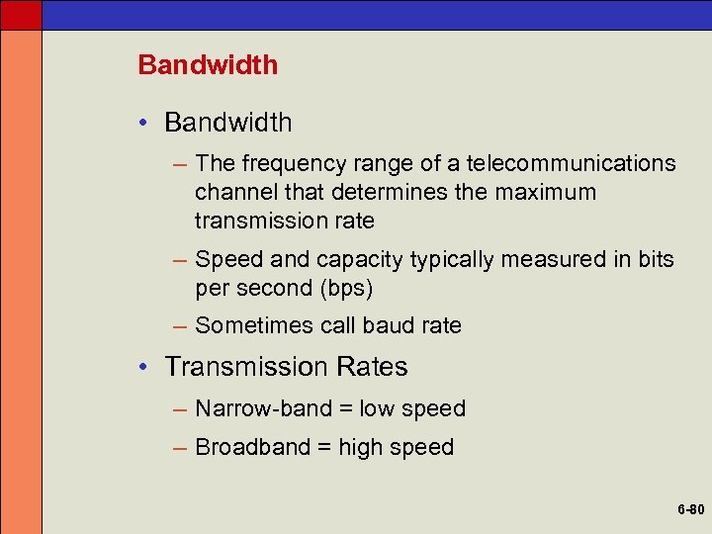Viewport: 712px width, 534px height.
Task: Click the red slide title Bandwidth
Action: tap(208, 65)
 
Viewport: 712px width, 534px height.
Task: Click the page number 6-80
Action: tap(690, 510)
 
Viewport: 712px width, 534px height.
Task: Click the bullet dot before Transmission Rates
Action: tap(144, 368)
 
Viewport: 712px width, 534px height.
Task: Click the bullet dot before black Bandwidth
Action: tap(144, 124)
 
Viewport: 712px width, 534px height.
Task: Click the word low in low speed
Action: tap(377, 408)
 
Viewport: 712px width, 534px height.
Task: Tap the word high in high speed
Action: tap(362, 447)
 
